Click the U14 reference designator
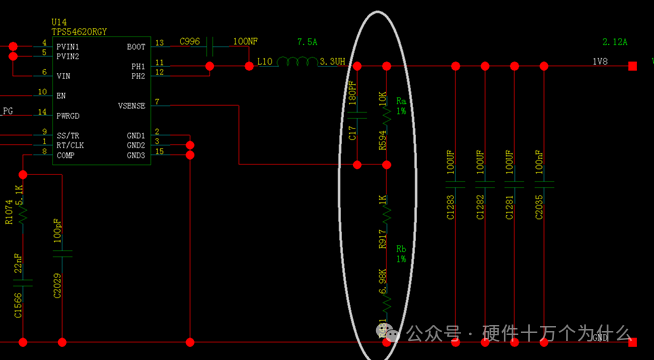(x=59, y=21)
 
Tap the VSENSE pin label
(x=131, y=105)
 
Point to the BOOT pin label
(x=136, y=46)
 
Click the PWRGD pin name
(x=68, y=115)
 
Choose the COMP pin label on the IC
(x=66, y=154)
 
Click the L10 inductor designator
(x=264, y=62)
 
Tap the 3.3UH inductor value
(x=333, y=62)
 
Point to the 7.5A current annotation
(x=307, y=42)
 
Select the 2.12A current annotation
(x=614, y=42)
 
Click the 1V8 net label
(x=600, y=62)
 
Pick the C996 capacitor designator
(x=190, y=42)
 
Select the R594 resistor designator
(x=382, y=139)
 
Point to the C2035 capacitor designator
(x=539, y=206)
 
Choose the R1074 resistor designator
(x=9, y=212)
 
